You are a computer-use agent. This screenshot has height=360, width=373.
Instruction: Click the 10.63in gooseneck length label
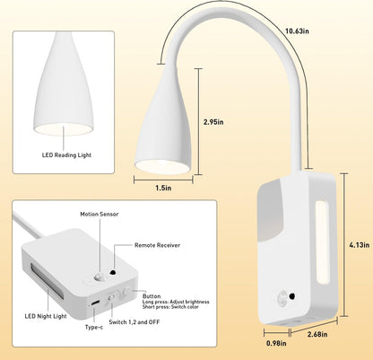[x=297, y=31]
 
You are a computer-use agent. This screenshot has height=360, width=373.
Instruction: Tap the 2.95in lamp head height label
[x=213, y=122]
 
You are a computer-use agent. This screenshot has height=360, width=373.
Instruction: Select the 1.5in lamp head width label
[x=163, y=188]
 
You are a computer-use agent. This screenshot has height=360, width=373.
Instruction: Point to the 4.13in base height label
[x=360, y=245]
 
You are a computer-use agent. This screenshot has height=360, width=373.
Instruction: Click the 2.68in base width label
[x=317, y=334]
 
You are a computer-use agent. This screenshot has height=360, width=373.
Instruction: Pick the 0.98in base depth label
[x=276, y=343]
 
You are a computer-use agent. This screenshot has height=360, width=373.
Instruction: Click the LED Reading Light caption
[x=66, y=155]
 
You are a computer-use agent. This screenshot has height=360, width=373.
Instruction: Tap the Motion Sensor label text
[x=100, y=214]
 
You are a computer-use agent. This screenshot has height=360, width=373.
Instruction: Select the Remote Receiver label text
[x=157, y=245]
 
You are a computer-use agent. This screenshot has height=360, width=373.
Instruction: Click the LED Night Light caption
[x=46, y=316]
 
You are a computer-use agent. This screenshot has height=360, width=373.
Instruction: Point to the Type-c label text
[x=94, y=327]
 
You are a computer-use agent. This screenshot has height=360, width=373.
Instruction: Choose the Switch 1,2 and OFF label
[x=134, y=322]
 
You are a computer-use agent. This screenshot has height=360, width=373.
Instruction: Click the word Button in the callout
[x=152, y=296]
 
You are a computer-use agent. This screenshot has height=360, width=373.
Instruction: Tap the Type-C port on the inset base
[x=96, y=303]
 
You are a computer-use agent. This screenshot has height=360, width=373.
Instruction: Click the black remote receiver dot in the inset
[x=113, y=272]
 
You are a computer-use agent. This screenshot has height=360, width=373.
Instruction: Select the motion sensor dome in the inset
[x=99, y=277]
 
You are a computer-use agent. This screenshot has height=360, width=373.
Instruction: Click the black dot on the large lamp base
[x=291, y=296]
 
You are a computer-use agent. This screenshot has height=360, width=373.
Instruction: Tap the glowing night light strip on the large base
[x=322, y=242]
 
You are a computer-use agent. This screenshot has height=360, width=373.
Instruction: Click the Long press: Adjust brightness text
[x=176, y=302]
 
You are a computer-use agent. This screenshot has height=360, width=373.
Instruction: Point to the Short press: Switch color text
[x=170, y=307]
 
